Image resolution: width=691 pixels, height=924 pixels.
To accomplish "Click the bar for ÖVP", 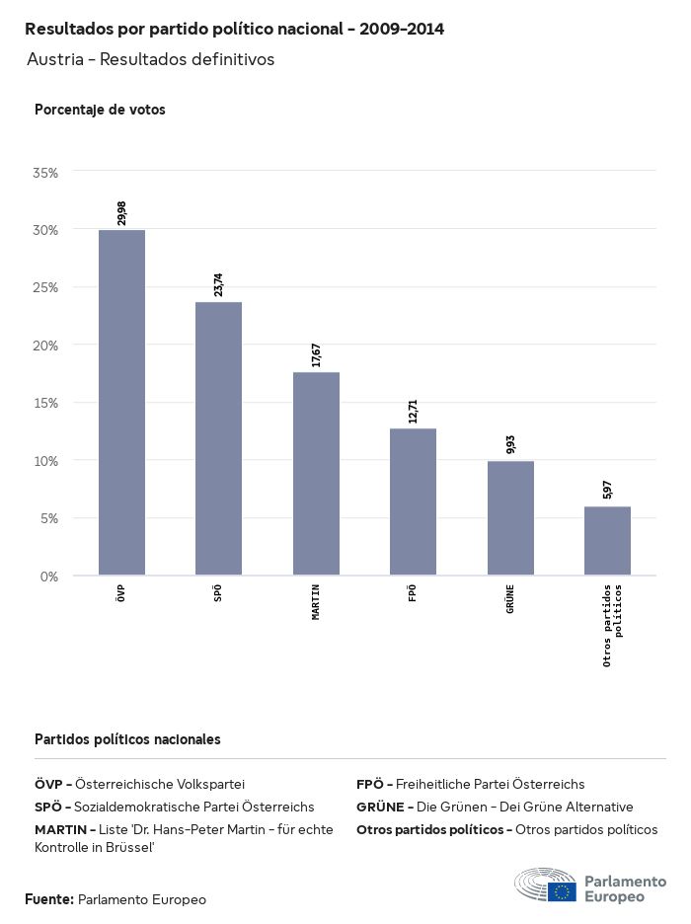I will pyautogui.click(x=121, y=403).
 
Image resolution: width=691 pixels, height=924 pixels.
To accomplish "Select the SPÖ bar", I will pyautogui.click(x=218, y=438).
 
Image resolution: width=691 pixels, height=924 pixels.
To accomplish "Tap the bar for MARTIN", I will pyautogui.click(x=316, y=474).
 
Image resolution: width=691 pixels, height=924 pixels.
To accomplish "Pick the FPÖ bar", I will pyautogui.click(x=413, y=501).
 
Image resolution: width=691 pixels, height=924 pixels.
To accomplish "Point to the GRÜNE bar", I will pyautogui.click(x=510, y=518).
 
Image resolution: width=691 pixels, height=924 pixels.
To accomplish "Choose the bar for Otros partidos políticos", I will pyautogui.click(x=607, y=541).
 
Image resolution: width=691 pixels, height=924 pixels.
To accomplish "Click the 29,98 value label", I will pyautogui.click(x=121, y=213).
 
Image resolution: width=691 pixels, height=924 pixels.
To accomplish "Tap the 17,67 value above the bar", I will pyautogui.click(x=316, y=355).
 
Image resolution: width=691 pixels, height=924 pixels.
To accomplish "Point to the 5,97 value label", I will pyautogui.click(x=607, y=490).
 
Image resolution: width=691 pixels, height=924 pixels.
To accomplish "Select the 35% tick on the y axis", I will pyautogui.click(x=46, y=173).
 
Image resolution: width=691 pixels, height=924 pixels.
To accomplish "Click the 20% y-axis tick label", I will pyautogui.click(x=46, y=346).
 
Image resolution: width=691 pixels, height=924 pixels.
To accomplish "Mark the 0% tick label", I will pyautogui.click(x=49, y=577).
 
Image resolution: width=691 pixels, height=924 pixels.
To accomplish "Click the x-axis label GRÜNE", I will pyautogui.click(x=510, y=599).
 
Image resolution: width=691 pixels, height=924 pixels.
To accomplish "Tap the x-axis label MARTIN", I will pyautogui.click(x=316, y=602).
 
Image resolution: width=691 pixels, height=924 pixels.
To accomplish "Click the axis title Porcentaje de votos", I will pyautogui.click(x=100, y=110).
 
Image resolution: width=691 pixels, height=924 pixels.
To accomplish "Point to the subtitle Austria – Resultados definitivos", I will pyautogui.click(x=150, y=59).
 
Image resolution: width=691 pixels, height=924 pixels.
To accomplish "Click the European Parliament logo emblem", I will pyautogui.click(x=545, y=885).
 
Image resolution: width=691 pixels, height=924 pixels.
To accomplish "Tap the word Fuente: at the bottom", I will pyautogui.click(x=49, y=899).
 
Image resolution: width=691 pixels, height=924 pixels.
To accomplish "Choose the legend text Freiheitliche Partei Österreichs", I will pyautogui.click(x=490, y=784).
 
